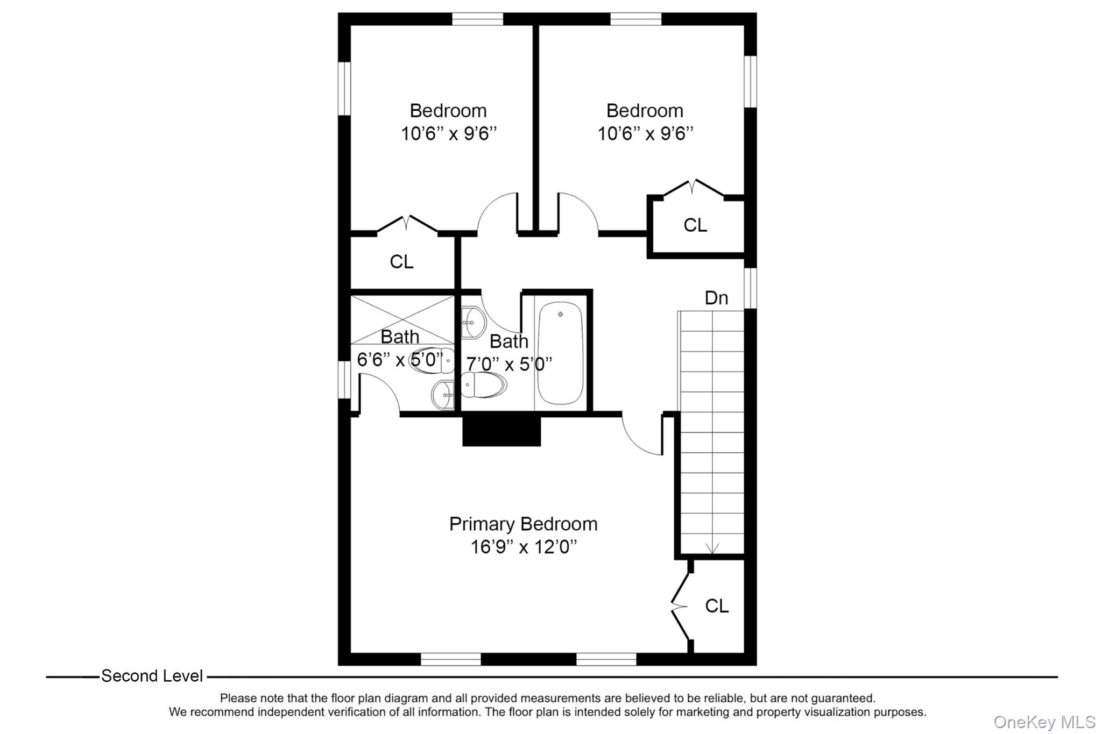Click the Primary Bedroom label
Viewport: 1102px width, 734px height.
523,524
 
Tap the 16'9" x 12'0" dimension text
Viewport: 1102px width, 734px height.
523,547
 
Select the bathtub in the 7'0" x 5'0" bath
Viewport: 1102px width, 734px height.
560,353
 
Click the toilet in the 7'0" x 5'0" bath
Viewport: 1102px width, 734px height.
483,384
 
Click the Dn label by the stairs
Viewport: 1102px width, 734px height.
716,298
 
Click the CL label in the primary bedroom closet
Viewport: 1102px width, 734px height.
716,606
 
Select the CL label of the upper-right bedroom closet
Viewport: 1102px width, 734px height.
695,225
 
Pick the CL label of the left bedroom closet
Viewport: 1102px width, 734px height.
401,262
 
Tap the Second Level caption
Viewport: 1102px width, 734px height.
152,676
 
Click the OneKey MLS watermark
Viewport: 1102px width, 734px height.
1044,722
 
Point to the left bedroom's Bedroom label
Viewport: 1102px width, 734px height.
448,111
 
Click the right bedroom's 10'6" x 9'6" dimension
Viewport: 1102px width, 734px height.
645,133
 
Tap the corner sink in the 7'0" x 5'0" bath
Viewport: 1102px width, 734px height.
472,322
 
